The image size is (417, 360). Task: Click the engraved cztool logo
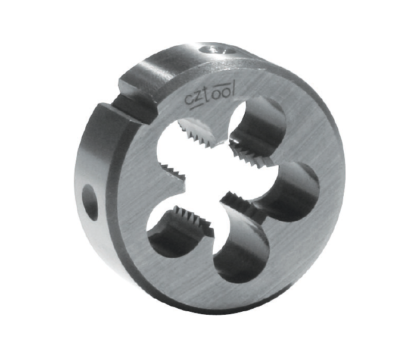pos(210,98)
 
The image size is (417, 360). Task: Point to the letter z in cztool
pos(198,98)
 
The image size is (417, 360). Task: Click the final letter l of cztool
pos(232,89)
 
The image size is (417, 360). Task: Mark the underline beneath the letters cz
pos(196,107)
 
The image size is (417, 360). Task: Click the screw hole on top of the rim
pos(217,49)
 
